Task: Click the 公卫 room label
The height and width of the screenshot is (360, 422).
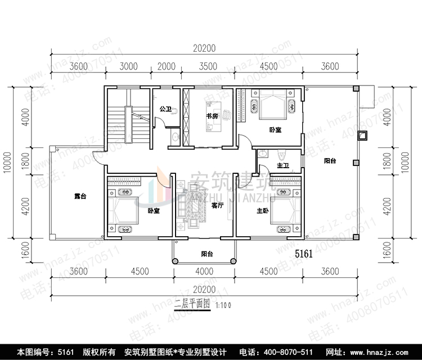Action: tap(165, 109)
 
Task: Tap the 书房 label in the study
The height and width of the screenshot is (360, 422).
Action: tap(212, 116)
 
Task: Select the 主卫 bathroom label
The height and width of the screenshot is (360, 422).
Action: tap(282, 165)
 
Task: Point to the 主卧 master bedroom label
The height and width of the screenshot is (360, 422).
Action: tap(263, 211)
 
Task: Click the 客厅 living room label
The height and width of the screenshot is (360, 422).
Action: tap(218, 206)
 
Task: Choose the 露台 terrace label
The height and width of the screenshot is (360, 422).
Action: tap(80, 196)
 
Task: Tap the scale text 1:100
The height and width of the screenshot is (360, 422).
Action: tap(223, 305)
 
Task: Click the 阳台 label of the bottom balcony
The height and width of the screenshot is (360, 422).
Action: tap(207, 254)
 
